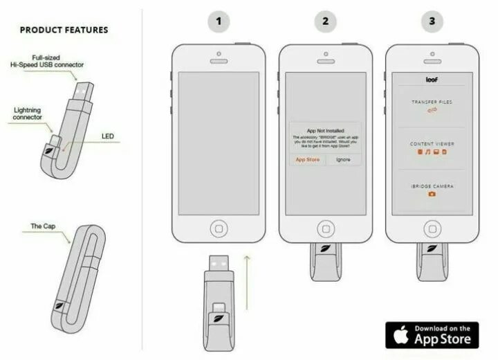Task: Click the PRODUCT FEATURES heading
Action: coord(64,30)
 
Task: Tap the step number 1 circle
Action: coord(219,21)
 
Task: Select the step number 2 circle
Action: coord(325,21)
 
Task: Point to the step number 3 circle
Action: coord(432,21)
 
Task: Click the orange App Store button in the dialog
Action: coord(307,159)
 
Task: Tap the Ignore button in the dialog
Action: coord(344,159)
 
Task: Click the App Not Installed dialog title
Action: coord(325,129)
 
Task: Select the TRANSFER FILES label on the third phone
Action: coord(432,102)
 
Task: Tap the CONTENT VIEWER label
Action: coord(432,144)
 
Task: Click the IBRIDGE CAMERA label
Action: coord(432,186)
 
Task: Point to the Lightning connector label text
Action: coord(27,114)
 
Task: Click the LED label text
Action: coord(108,136)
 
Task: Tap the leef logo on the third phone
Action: coord(432,80)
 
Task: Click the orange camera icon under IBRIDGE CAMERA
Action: coord(432,195)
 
